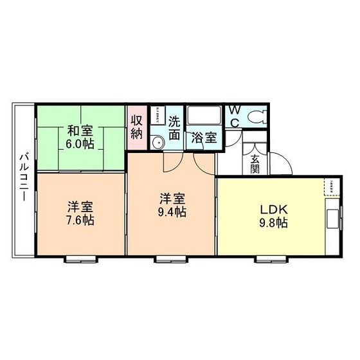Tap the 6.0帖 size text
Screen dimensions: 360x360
(x=80, y=143)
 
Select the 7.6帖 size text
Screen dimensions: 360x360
(x=81, y=221)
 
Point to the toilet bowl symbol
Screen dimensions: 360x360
(x=256, y=117)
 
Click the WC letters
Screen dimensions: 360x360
(x=235, y=116)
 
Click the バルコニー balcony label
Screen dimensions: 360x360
(x=23, y=176)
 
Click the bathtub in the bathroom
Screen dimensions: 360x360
(x=203, y=117)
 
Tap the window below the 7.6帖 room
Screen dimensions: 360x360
(x=80, y=260)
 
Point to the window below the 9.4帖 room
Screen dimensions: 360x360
(x=170, y=260)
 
